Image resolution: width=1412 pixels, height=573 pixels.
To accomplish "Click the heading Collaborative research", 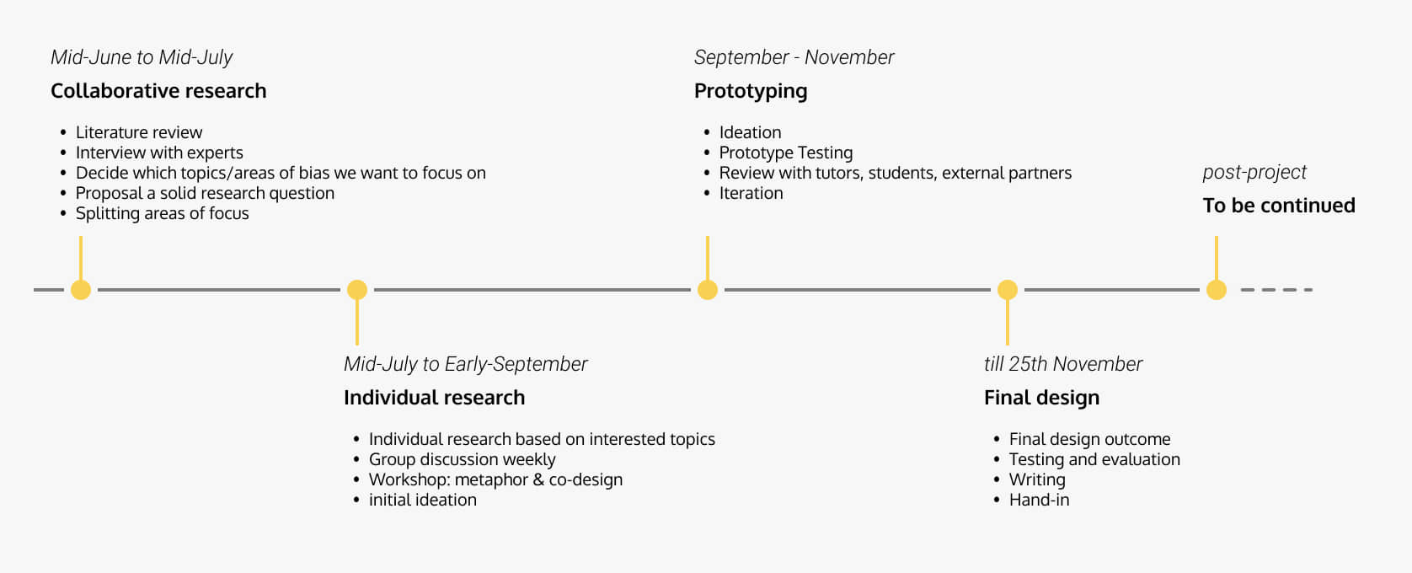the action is tap(158, 91).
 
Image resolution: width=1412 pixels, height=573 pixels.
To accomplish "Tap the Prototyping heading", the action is tap(750, 91).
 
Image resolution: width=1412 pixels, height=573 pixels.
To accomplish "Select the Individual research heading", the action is tap(435, 398).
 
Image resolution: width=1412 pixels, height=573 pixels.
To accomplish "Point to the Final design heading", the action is tap(1041, 398).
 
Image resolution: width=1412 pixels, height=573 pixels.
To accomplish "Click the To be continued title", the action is tap(1278, 206).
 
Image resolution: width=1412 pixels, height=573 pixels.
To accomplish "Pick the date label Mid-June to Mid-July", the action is tap(142, 57).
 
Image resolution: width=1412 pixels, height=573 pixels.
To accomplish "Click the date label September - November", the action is tap(794, 57).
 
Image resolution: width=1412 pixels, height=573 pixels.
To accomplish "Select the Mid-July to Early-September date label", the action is tap(465, 364).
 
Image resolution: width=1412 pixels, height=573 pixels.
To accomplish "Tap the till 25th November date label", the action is tap(1062, 364).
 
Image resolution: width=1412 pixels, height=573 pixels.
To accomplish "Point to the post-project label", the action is tap(1254, 172).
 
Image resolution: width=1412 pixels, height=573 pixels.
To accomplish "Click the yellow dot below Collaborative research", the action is tap(81, 290).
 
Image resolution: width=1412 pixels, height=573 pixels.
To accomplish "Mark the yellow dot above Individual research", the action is tap(356, 290).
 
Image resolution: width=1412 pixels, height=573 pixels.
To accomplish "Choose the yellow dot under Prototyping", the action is tap(707, 290).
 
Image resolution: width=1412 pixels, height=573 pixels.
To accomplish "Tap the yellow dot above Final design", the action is tap(1008, 290).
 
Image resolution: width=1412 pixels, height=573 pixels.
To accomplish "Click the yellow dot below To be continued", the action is tap(1216, 290).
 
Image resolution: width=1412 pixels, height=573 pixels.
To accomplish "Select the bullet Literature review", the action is tap(139, 132).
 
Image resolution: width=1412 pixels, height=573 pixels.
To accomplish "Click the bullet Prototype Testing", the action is tap(785, 153).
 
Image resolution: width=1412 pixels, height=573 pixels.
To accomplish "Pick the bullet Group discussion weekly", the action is tap(462, 459).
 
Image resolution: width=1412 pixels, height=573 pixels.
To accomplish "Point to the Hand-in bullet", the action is tap(1039, 500).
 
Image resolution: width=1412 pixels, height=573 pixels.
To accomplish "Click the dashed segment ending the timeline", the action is tap(1276, 290).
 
